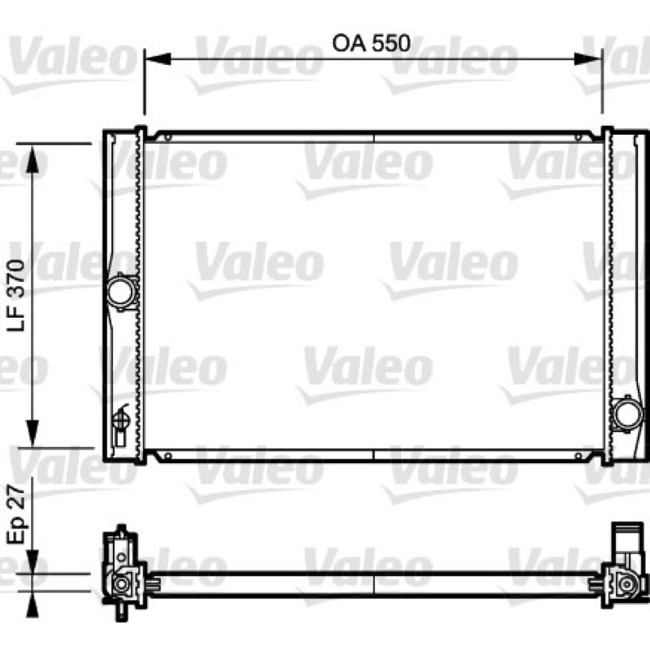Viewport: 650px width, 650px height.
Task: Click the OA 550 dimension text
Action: point(371,43)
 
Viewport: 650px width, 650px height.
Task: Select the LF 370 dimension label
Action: point(16,295)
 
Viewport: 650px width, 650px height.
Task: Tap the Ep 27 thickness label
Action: point(16,514)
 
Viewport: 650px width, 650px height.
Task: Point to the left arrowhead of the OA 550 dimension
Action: point(158,58)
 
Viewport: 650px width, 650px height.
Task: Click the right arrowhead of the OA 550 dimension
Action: point(587,58)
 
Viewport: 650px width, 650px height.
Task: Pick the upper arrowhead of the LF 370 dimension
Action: point(32,158)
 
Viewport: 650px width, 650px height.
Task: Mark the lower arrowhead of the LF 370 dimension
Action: point(32,433)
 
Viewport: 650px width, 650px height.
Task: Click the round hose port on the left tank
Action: point(121,292)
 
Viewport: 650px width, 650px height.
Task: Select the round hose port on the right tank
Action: point(626,414)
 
